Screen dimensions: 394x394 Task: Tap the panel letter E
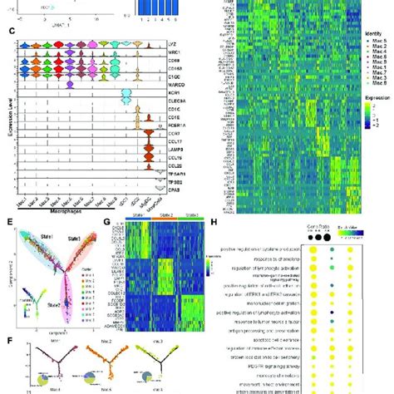point(10,223)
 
